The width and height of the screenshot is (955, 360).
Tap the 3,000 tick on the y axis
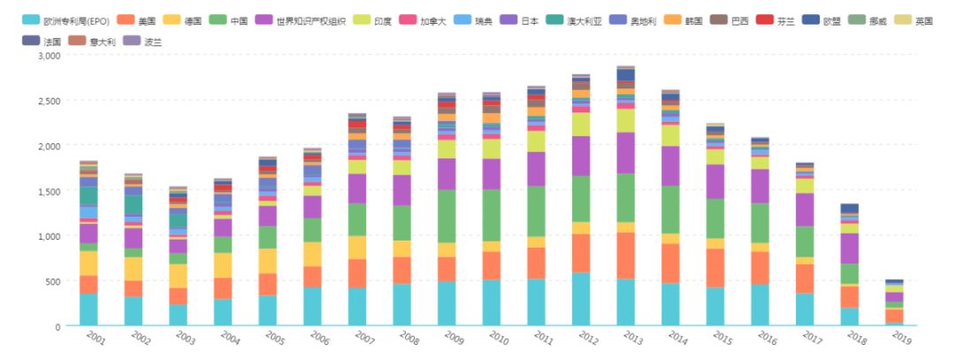pyautogui.click(x=50, y=56)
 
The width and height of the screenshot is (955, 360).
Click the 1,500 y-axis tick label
pyautogui.click(x=50, y=191)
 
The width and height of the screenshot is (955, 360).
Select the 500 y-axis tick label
pyautogui.click(x=54, y=280)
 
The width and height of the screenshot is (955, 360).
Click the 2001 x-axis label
pyautogui.click(x=95, y=338)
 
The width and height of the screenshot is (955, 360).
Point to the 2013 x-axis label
pyautogui.click(x=633, y=338)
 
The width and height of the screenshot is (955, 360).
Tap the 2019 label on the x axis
pyautogui.click(x=902, y=338)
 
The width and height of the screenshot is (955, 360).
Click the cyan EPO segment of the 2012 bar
pyautogui.click(x=581, y=299)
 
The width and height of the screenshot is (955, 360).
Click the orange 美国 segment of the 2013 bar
pyautogui.click(x=625, y=256)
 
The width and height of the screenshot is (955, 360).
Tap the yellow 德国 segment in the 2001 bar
pyautogui.click(x=88, y=264)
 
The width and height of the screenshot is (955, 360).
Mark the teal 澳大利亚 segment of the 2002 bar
pyautogui.click(x=134, y=205)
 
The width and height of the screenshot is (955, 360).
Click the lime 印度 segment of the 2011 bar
pyautogui.click(x=536, y=142)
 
